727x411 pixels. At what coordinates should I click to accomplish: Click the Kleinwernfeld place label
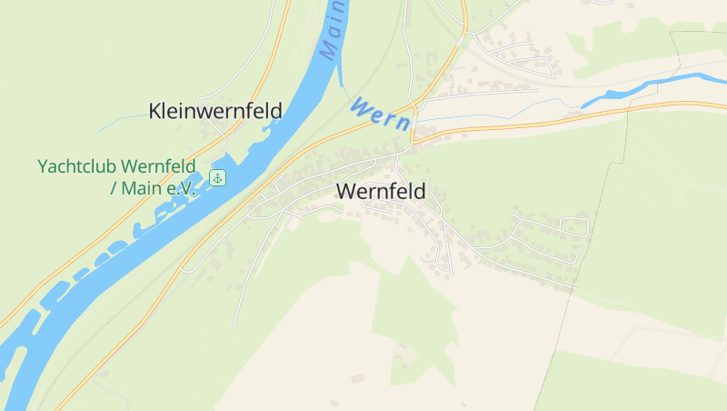tap(215, 111)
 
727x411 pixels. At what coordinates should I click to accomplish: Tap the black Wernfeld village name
tap(381, 192)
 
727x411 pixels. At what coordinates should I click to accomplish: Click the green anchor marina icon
tap(217, 177)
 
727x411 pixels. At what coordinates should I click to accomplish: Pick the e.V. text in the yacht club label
tap(181, 188)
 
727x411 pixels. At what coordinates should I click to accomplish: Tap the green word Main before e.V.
tap(142, 188)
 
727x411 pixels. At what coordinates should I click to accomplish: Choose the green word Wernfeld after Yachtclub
tap(160, 167)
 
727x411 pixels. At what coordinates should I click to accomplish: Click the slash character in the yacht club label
tap(114, 188)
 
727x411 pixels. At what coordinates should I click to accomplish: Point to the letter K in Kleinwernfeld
tap(155, 111)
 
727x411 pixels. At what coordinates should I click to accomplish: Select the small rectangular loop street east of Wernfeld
tap(573, 226)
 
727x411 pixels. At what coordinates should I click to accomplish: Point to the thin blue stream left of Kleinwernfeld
tap(118, 121)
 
